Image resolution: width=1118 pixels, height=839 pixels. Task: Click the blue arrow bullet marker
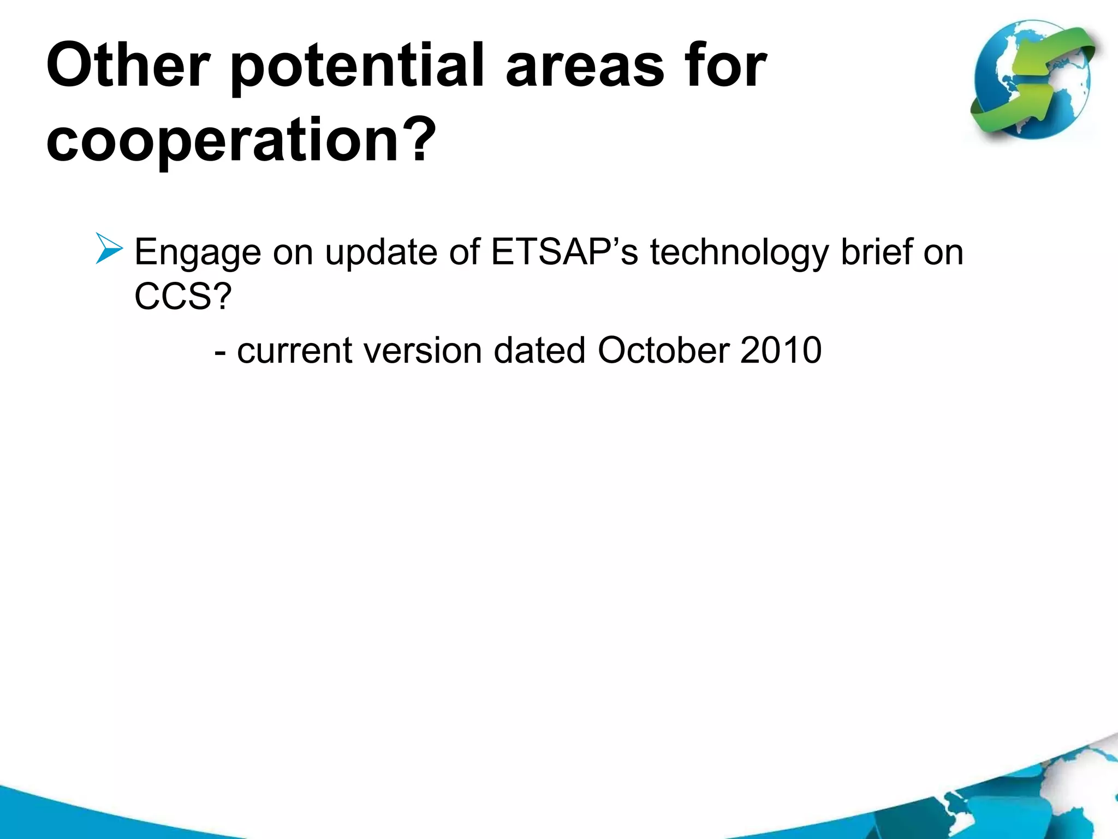(109, 249)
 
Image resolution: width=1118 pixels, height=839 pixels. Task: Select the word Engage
(198, 253)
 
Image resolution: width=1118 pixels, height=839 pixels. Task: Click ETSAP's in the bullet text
(564, 252)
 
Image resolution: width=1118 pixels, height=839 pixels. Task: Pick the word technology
(739, 253)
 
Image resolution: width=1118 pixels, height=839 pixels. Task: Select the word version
(423, 350)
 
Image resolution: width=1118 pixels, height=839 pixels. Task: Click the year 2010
(781, 350)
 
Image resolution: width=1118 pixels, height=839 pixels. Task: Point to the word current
(295, 350)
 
